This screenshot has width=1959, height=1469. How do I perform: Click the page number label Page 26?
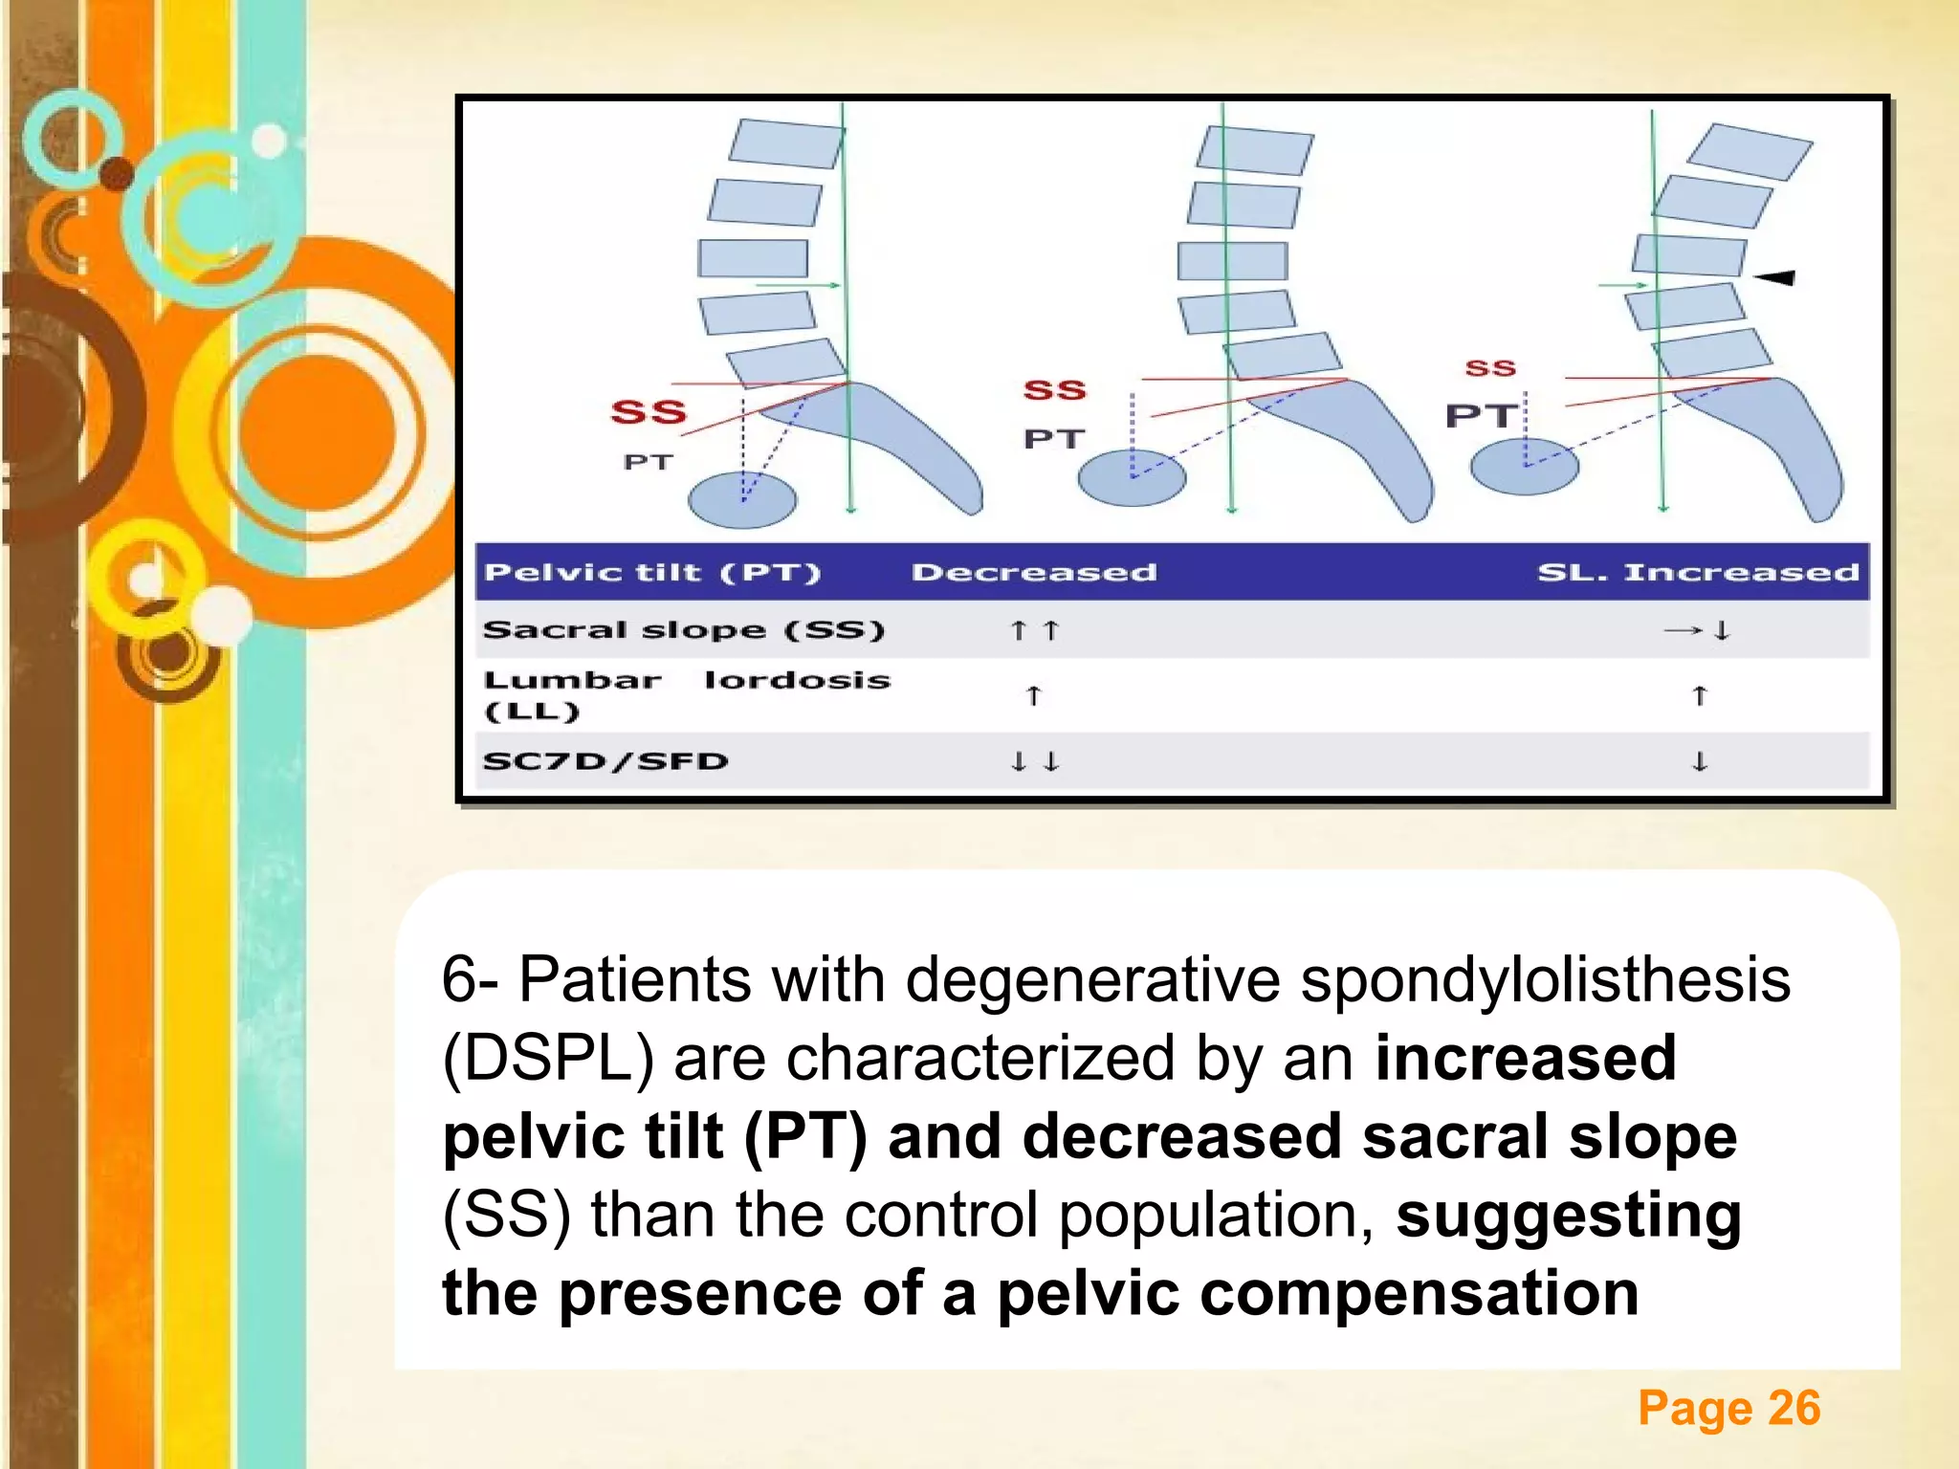pyautogui.click(x=1728, y=1408)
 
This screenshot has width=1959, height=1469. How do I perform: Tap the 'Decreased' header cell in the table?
pyautogui.click(x=1033, y=573)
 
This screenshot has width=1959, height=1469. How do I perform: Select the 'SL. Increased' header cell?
pyautogui.click(x=1698, y=573)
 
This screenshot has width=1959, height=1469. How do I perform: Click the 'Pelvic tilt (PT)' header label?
pyautogui.click(x=652, y=573)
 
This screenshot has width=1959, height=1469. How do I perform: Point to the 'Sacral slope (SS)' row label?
pyautogui.click(x=683, y=630)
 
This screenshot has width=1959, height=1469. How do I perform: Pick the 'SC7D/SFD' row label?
pyautogui.click(x=605, y=761)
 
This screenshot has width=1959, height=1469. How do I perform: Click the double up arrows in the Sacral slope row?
pyautogui.click(x=1034, y=630)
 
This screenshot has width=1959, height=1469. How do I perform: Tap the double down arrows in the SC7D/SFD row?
pyautogui.click(x=1034, y=761)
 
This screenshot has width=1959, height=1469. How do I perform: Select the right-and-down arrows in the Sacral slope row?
pyautogui.click(x=1698, y=630)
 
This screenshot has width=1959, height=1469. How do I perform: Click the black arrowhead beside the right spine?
pyautogui.click(x=1776, y=277)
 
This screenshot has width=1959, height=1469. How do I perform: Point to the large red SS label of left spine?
pyautogui.click(x=649, y=412)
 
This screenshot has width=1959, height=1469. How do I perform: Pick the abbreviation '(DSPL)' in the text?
pyautogui.click(x=548, y=1058)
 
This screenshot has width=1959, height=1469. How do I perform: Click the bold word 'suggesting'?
pyautogui.click(x=1569, y=1215)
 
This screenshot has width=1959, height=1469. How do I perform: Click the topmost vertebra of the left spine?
pyautogui.click(x=786, y=143)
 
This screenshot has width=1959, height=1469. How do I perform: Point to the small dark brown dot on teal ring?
pyautogui.click(x=117, y=173)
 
